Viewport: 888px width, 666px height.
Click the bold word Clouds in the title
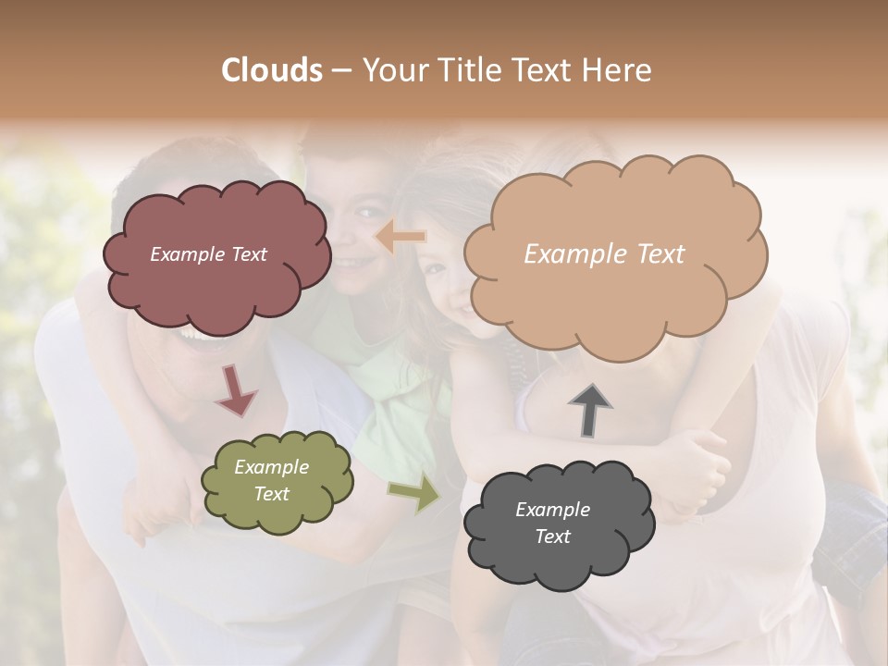(x=271, y=70)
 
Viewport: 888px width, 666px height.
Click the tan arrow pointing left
(x=400, y=238)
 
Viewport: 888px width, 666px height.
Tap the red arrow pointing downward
(x=235, y=389)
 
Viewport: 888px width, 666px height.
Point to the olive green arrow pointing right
(x=414, y=494)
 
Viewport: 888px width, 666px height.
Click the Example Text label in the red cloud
(x=208, y=254)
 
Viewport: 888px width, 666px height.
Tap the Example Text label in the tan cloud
(x=604, y=254)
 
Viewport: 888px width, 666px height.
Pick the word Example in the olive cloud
(x=271, y=467)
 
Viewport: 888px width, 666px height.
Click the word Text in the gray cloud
(x=552, y=536)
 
